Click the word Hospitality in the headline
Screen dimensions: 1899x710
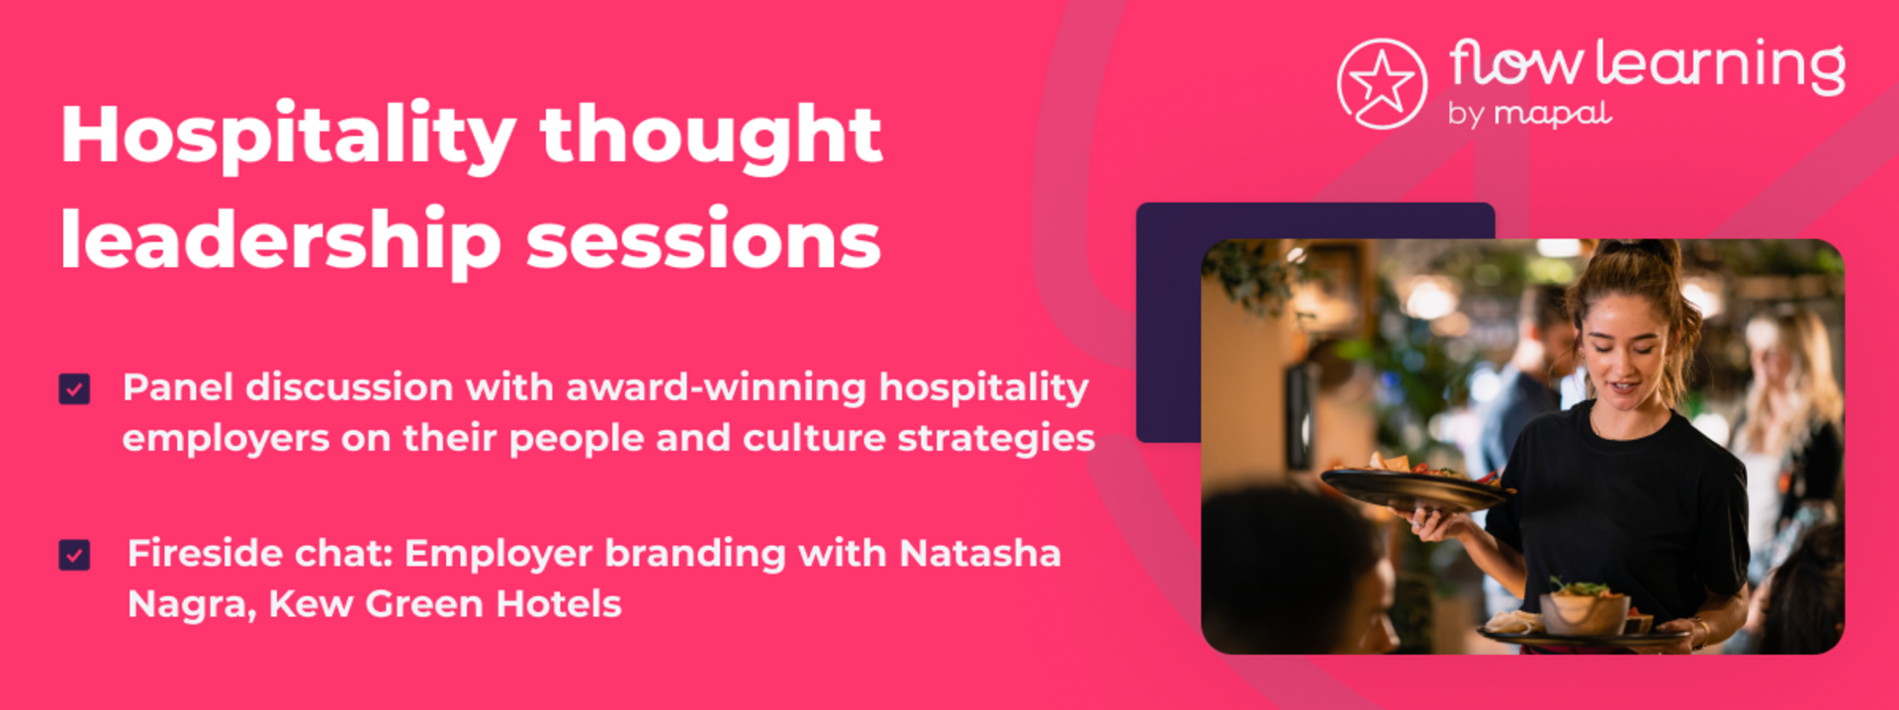pos(288,137)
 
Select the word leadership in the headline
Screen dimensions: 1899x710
pos(281,240)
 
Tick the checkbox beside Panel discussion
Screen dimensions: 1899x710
pos(74,389)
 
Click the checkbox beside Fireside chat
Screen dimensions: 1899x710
pos(74,555)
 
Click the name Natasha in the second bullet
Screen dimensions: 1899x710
pos(980,553)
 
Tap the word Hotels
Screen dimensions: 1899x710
pos(559,603)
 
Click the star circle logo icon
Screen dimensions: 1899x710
pos(1382,84)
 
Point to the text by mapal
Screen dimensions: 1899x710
pos(1530,114)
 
